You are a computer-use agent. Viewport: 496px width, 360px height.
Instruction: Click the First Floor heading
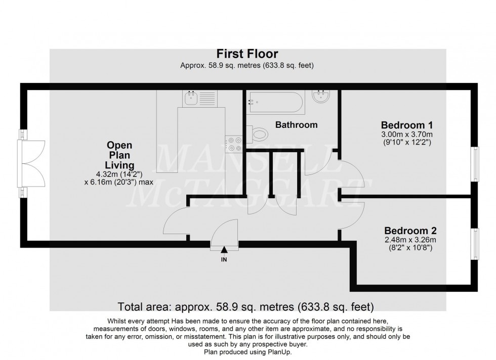[247, 54]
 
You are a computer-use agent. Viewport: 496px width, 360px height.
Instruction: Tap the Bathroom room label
[296, 124]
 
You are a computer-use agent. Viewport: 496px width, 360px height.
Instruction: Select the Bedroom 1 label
[406, 124]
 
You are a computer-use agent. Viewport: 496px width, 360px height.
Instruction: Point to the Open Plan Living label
[119, 155]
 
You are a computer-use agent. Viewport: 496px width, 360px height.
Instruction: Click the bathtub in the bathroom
[276, 103]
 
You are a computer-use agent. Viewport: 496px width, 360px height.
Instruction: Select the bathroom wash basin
[321, 97]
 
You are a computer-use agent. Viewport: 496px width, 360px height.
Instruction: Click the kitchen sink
[191, 99]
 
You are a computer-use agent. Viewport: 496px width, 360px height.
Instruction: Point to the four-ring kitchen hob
[233, 143]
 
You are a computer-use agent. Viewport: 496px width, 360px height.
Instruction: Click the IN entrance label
[224, 260]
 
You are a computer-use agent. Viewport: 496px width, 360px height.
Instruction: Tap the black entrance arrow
[224, 250]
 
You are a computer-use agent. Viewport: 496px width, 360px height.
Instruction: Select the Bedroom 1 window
[475, 163]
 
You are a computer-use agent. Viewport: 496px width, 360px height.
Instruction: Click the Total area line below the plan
[245, 306]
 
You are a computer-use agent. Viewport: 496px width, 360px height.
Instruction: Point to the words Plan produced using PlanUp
[247, 352]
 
